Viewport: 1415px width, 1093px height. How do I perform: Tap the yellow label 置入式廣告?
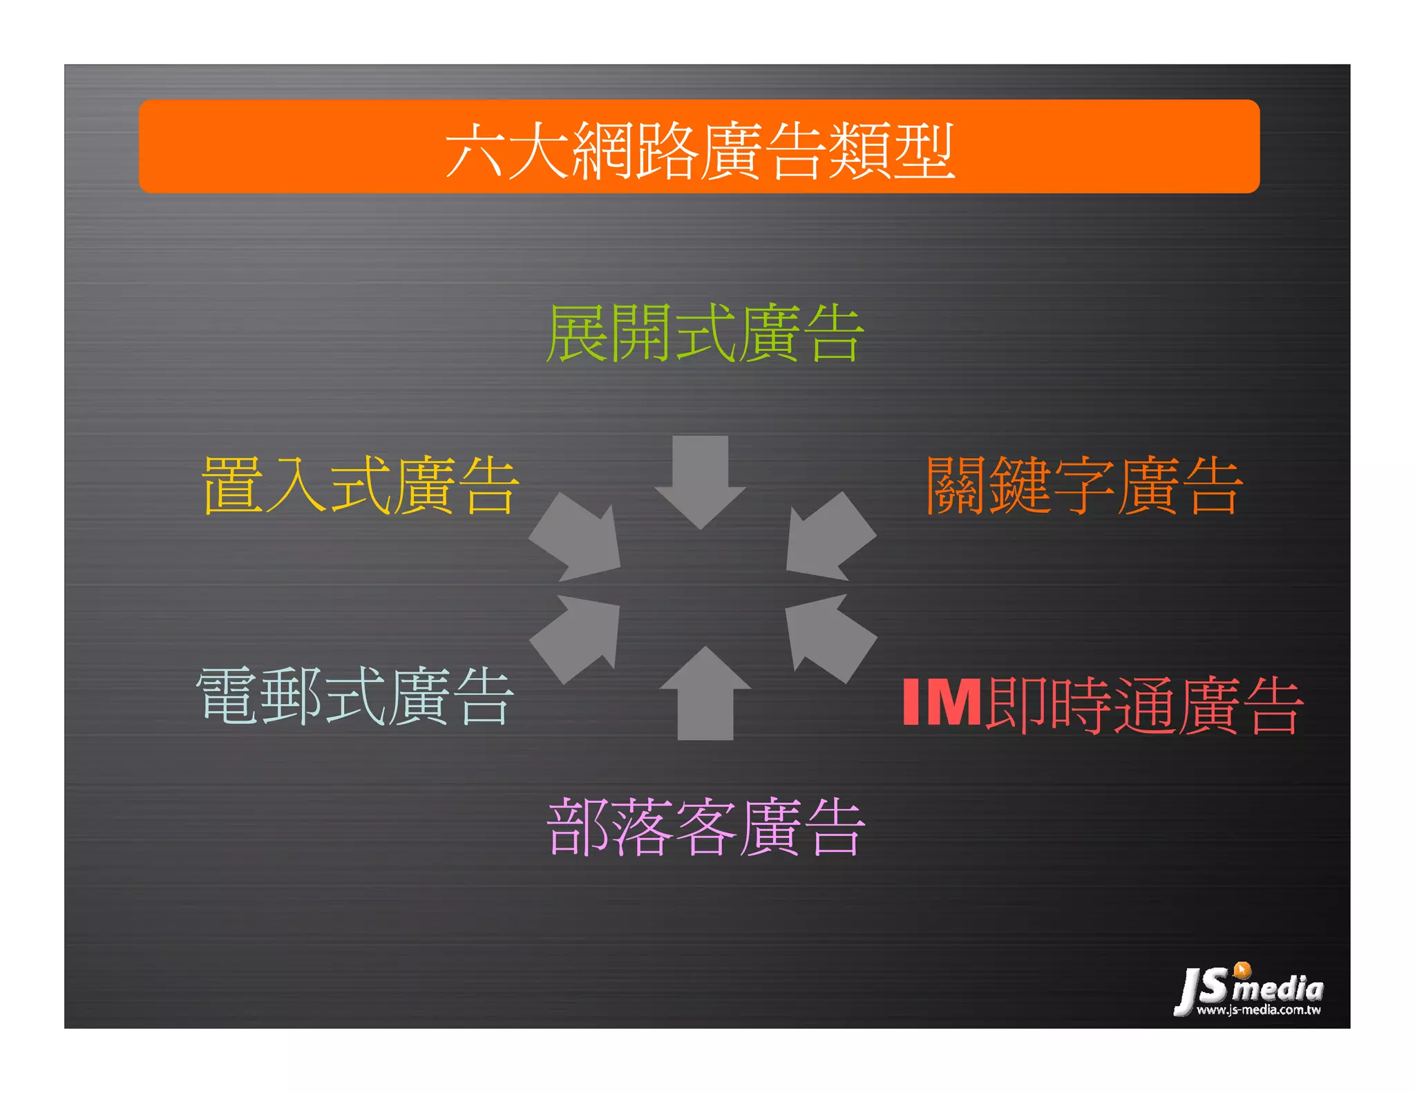point(360,485)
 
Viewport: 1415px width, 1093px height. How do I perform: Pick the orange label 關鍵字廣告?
point(1083,485)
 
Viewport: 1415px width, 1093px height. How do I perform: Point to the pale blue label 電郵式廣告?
point(355,696)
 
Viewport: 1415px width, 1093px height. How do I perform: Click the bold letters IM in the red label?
point(941,703)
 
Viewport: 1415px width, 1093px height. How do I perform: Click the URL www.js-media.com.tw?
point(1258,1010)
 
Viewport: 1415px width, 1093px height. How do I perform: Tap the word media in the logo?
point(1278,989)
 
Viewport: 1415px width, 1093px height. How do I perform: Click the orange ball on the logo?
point(1242,970)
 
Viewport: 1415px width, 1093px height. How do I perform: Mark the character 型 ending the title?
point(924,151)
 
